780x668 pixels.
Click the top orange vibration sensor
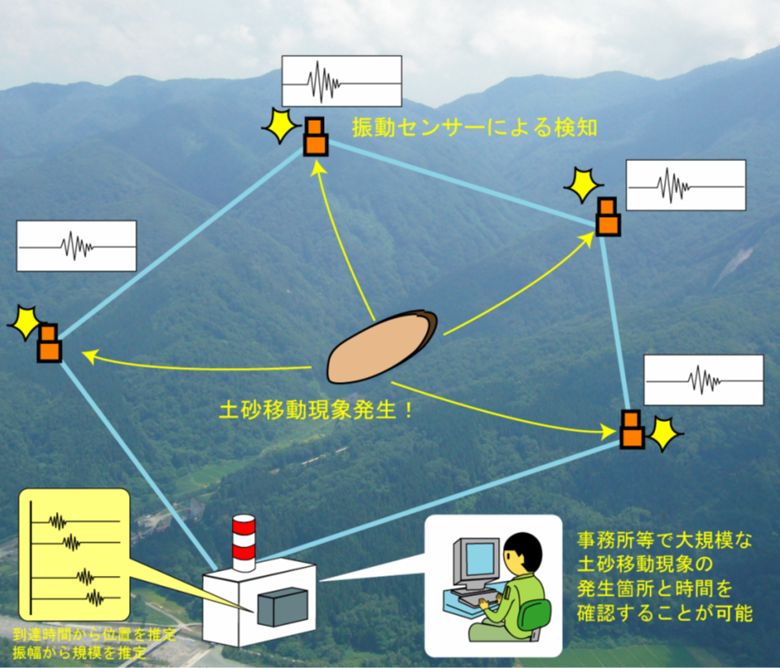(316, 136)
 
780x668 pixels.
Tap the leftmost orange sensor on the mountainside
(49, 343)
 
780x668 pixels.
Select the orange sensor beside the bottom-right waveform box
(632, 429)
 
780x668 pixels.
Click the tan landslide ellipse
(381, 347)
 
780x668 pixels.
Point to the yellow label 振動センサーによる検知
(474, 128)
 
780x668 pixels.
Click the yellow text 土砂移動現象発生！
(316, 410)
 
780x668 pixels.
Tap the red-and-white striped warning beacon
(244, 543)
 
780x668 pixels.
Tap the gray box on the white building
(282, 607)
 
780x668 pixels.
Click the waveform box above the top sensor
(342, 81)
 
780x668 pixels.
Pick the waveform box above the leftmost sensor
(76, 246)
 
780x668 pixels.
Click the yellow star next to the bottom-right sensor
(664, 433)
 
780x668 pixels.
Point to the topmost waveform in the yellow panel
(76, 521)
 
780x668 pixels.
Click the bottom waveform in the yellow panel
(76, 598)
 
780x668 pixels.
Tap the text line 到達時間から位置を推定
(95, 634)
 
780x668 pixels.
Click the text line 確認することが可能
(665, 613)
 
